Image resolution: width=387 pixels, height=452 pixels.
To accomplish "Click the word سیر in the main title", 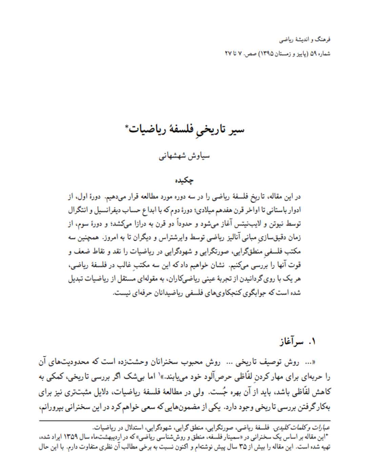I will click(237, 130).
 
